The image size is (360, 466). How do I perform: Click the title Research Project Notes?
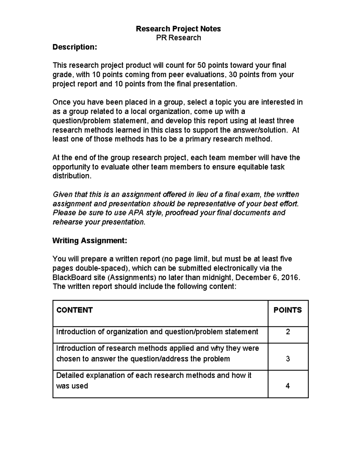click(x=178, y=29)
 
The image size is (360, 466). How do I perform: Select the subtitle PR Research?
click(x=178, y=38)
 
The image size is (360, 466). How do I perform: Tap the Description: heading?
click(x=75, y=47)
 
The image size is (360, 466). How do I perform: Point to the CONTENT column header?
click(x=74, y=310)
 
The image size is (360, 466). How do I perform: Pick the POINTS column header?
click(x=287, y=310)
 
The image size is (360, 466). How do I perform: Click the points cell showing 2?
click(x=288, y=332)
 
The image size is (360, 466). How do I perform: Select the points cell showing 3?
click(x=288, y=359)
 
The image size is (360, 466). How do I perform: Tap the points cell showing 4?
click(x=288, y=386)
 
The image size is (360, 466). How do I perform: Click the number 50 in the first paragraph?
click(x=201, y=65)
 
